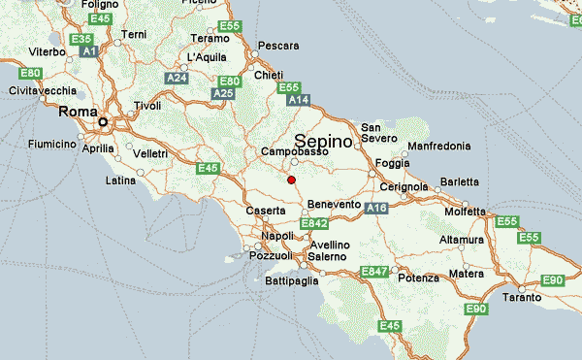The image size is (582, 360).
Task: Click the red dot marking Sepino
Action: [x=291, y=180]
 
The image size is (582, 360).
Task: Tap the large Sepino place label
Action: [x=325, y=141]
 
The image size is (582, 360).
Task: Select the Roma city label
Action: [x=79, y=112]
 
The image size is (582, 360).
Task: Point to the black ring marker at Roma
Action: [x=104, y=122]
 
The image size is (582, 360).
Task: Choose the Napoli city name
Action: [x=276, y=236]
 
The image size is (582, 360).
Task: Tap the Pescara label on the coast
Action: [x=276, y=45]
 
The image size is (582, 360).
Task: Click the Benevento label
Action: [x=334, y=205]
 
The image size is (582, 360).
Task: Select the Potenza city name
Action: [x=418, y=278]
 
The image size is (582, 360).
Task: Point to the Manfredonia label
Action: [x=439, y=146]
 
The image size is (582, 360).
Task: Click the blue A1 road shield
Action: [x=90, y=50]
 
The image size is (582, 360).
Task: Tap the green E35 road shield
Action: [x=81, y=39]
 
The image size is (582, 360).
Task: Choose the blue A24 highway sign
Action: [x=177, y=77]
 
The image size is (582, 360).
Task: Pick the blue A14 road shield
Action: [x=298, y=100]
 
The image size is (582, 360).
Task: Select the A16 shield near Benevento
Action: [x=377, y=208]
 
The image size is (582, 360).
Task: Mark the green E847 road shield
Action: [x=373, y=271]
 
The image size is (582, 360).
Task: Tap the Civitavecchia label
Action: [x=43, y=90]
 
